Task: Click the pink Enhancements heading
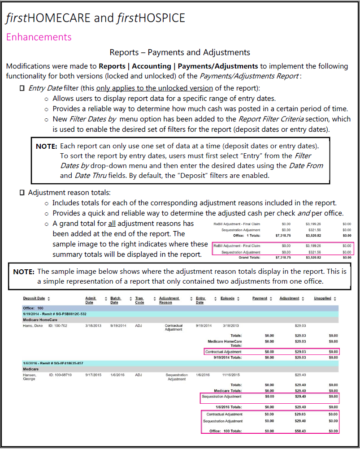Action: [x=39, y=37]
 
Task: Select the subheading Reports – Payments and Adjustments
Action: [x=180, y=53]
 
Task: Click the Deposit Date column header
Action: [x=34, y=298]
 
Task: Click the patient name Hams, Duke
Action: [x=32, y=326]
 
